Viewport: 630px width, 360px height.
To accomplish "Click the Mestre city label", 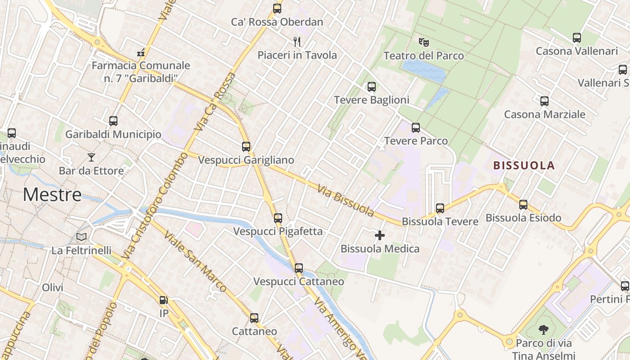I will (52, 194).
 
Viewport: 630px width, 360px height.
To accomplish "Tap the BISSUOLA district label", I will (524, 165).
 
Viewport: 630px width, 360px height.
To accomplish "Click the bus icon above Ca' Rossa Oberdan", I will (277, 9).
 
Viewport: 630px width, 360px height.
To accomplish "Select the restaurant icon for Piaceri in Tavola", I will (297, 42).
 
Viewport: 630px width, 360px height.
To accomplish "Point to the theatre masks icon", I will (423, 42).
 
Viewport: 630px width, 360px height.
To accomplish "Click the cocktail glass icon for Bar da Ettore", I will (91, 157).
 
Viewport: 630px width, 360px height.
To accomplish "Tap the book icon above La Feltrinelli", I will (81, 237).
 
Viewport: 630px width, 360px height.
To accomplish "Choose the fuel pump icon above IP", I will (164, 300).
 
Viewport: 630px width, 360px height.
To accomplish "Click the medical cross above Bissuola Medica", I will (380, 235).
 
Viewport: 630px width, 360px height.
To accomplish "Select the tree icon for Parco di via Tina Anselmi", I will (544, 330).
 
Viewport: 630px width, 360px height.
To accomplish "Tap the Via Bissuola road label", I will (346, 200).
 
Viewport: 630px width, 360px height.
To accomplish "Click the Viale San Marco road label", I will (195, 261).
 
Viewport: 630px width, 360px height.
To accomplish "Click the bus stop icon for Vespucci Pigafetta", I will (278, 218).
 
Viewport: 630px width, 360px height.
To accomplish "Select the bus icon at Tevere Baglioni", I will (372, 87).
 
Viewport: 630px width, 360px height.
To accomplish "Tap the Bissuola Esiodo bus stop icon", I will (523, 205).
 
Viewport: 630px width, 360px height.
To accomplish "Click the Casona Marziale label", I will (544, 114).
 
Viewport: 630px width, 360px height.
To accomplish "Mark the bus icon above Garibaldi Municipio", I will (113, 121).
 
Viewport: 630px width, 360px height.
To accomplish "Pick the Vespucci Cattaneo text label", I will (299, 282).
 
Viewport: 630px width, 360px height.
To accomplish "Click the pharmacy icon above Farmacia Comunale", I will (141, 52).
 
